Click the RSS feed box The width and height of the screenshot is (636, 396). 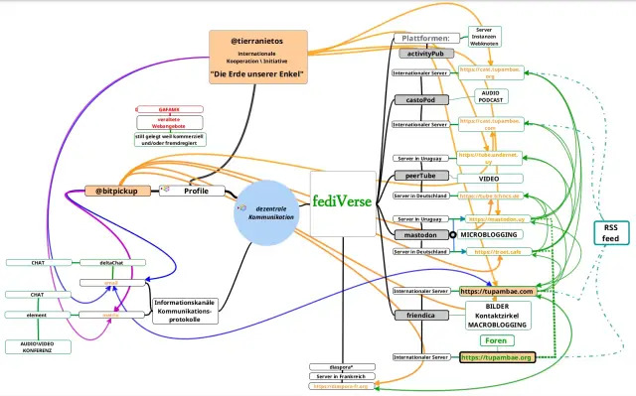pyautogui.click(x=610, y=233)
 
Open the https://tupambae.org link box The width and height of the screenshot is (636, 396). pyautogui.click(x=497, y=356)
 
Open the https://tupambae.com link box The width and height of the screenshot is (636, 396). pyautogui.click(x=497, y=292)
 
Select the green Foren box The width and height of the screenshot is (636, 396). pyautogui.click(x=496, y=339)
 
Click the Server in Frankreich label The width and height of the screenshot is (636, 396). pyautogui.click(x=341, y=376)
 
